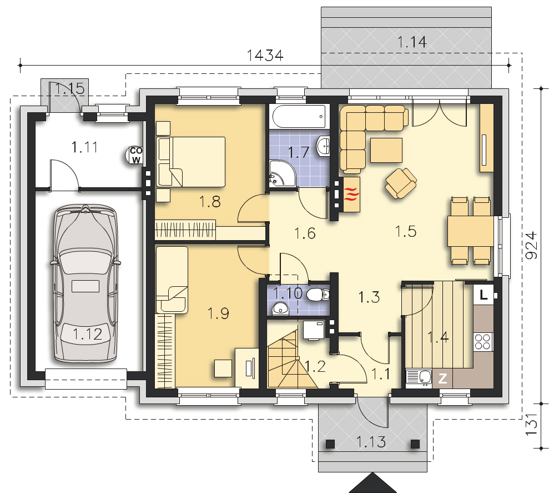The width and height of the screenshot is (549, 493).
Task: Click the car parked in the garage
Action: (85, 284)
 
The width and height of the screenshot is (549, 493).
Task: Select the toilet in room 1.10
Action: (318, 295)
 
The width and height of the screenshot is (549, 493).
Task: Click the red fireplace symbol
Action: (352, 195)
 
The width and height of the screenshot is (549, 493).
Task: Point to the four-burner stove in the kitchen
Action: (483, 342)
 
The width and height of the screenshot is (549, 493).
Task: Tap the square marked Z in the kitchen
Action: (442, 379)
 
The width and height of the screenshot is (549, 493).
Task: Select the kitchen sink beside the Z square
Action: (419, 379)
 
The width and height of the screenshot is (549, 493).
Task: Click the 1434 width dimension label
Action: (265, 56)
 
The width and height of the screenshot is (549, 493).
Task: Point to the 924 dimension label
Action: (531, 245)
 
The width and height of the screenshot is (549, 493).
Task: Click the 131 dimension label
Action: (531, 425)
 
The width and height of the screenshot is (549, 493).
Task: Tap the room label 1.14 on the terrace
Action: (412, 42)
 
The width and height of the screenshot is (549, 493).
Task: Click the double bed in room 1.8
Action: (191, 162)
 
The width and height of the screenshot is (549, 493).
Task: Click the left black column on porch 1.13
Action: (330, 444)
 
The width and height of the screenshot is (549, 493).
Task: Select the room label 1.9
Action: (218, 313)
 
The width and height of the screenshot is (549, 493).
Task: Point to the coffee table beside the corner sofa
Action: (386, 150)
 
